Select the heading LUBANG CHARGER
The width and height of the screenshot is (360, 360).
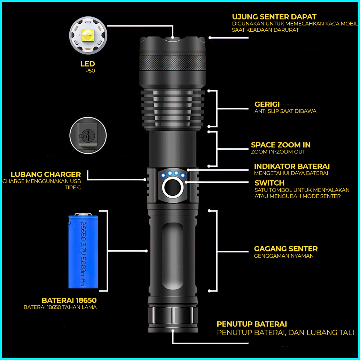(x=46, y=174)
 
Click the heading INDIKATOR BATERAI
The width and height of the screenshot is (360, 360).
(x=292, y=166)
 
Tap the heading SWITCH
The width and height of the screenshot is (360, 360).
(x=269, y=183)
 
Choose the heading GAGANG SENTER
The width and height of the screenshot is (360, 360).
(x=286, y=249)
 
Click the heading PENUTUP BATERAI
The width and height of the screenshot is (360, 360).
(x=252, y=324)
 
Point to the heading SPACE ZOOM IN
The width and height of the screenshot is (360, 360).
(x=281, y=145)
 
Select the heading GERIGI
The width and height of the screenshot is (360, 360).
(x=267, y=104)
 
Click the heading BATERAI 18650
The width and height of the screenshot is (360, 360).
(x=69, y=300)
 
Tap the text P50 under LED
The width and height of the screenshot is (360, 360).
(x=90, y=71)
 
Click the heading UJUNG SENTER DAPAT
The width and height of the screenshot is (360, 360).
(x=274, y=17)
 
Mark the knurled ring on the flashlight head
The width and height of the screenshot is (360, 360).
(x=173, y=63)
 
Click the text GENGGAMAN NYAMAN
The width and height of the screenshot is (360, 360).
(x=284, y=256)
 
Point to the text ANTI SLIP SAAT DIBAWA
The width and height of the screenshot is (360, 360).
(x=285, y=111)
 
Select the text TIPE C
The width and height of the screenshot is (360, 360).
(x=73, y=188)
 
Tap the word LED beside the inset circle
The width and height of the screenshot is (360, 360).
(x=87, y=64)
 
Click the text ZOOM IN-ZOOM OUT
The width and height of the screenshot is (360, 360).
(x=278, y=152)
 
